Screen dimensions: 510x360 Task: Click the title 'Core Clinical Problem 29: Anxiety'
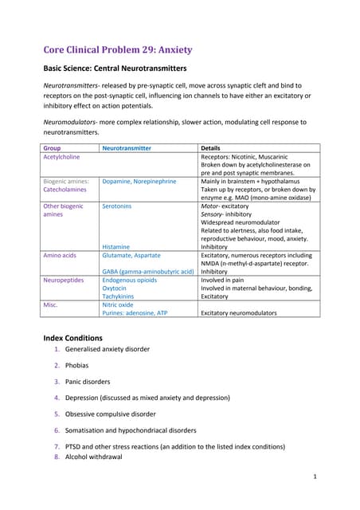117,49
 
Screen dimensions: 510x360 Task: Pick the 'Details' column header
210,148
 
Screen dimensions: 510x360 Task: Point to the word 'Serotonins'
117,206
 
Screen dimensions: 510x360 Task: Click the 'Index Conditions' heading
72,338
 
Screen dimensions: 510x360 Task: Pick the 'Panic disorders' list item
88,382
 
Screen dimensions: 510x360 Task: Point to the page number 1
315,476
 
